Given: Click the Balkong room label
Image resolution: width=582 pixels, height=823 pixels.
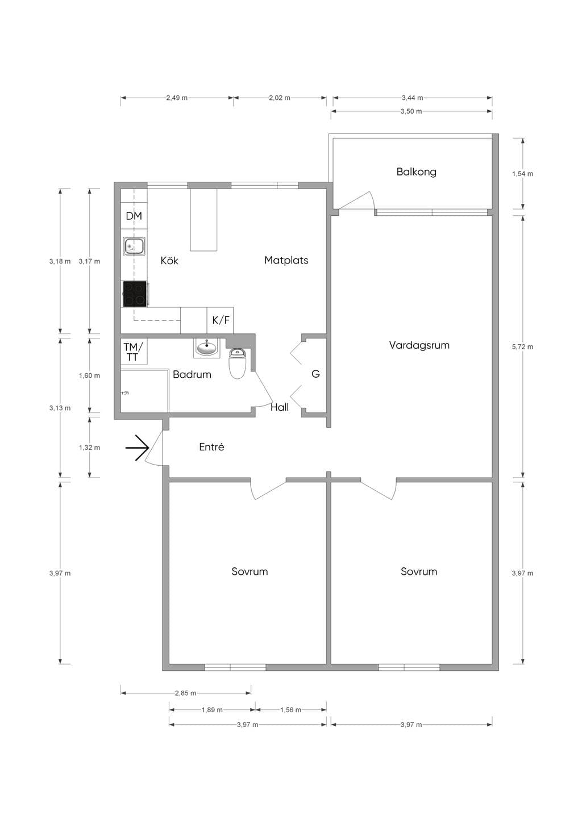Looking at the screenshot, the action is click(416, 172).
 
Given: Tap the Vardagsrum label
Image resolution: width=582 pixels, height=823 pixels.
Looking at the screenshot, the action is click(419, 345).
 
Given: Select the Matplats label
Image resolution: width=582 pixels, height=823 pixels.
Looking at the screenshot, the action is click(286, 260).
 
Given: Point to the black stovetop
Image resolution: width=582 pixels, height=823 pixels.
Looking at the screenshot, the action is click(135, 294).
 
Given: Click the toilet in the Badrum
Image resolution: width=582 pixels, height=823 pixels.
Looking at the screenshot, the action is click(237, 364).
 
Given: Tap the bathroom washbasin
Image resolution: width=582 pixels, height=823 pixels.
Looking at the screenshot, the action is click(206, 348).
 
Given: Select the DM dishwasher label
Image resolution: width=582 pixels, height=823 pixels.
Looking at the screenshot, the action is click(134, 216).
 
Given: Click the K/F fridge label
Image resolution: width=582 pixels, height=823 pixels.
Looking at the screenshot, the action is click(221, 320).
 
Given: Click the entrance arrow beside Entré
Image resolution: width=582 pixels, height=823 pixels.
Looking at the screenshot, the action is click(137, 448).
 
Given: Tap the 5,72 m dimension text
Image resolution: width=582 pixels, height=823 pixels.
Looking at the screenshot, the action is click(522, 347).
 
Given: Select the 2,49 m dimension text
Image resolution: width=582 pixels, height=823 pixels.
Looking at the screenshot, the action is click(177, 98).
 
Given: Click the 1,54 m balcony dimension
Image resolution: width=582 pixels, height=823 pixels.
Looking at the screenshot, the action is click(522, 174).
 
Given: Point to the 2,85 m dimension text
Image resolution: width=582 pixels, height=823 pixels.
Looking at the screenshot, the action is click(186, 694).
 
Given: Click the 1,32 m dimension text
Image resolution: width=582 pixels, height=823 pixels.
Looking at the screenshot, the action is click(89, 448).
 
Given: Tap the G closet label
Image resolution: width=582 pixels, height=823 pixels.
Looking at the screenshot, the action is click(315, 374).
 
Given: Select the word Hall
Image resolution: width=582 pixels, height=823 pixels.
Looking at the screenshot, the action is click(280, 407).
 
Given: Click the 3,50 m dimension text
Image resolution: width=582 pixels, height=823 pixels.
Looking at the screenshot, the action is click(411, 111).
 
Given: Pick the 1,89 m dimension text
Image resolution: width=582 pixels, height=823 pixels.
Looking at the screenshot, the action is click(212, 710).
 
